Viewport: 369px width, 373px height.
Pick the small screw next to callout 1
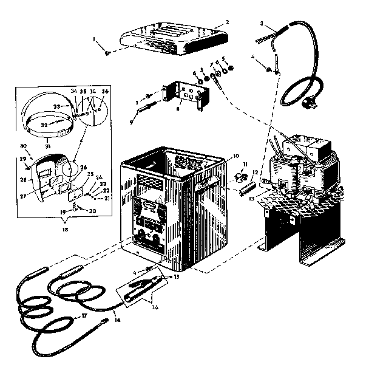tap(107, 53)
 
